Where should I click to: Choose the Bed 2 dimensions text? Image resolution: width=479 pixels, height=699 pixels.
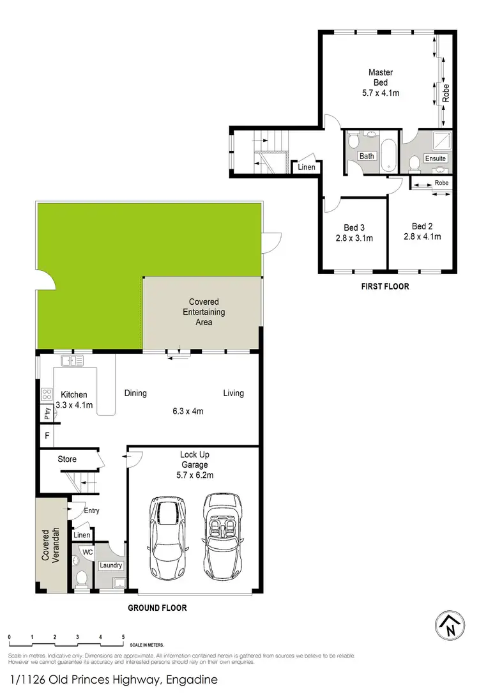click(422, 236)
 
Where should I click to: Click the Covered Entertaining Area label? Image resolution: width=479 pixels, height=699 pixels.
click(204, 312)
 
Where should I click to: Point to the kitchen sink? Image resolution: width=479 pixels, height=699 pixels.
click(72, 361)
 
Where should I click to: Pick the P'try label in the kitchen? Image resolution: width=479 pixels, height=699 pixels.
click(47, 413)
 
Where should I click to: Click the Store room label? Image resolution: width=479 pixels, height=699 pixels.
click(67, 459)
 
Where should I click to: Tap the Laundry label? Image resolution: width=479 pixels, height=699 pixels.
click(111, 565)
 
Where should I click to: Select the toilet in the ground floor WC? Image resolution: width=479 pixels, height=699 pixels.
click(81, 578)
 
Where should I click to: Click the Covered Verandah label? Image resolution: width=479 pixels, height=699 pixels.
click(50, 545)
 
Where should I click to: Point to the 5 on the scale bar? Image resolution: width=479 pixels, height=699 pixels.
click(123, 638)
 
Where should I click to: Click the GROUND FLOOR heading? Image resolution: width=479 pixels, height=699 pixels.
click(157, 608)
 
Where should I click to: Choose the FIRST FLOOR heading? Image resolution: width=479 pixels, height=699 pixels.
click(384, 287)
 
